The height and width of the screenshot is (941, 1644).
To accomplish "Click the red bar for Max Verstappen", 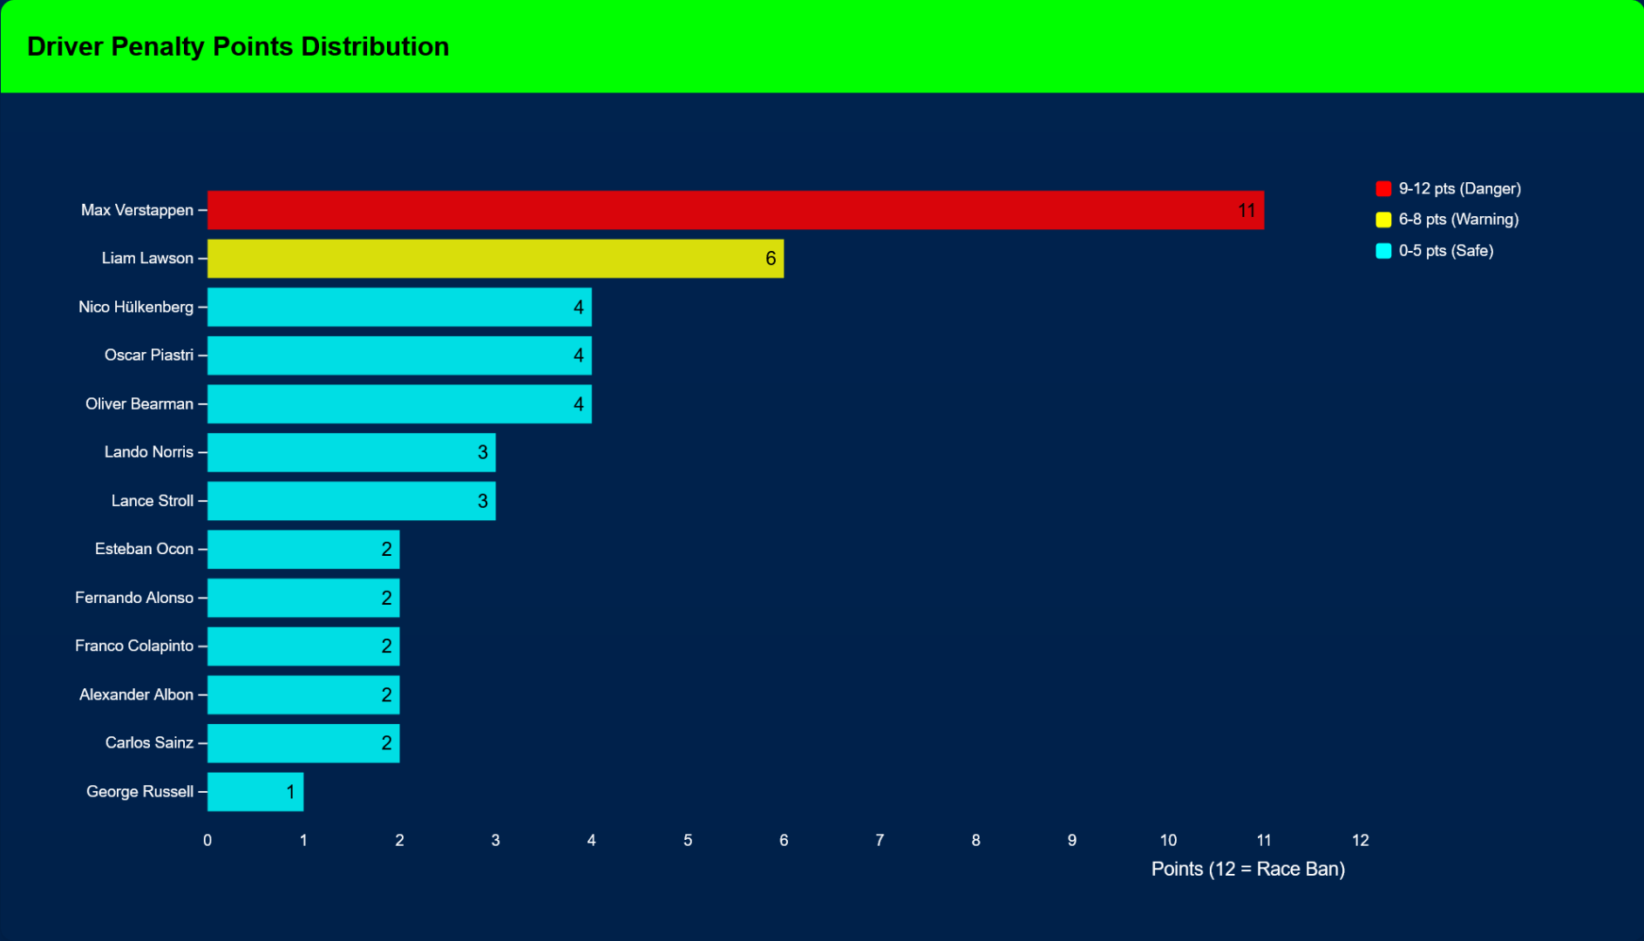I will (x=735, y=210).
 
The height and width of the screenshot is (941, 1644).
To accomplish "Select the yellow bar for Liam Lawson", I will (x=495, y=259).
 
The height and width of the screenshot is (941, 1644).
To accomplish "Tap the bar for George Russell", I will (x=255, y=792).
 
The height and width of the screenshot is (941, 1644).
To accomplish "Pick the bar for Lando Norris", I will (x=351, y=452).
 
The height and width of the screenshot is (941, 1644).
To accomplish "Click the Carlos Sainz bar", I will (x=303, y=743).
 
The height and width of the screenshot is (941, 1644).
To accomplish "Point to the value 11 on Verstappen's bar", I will (x=1247, y=211).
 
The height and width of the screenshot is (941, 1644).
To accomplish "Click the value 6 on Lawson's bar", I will (x=771, y=259).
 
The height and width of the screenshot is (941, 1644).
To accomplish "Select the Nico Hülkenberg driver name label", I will (x=136, y=307).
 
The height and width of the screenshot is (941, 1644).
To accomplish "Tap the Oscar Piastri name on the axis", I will (x=149, y=355).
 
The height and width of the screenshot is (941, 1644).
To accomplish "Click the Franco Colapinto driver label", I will (x=134, y=646).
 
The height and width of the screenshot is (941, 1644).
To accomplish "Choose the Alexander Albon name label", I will (x=136, y=694).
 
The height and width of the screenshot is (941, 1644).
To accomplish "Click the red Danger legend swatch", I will (x=1383, y=189).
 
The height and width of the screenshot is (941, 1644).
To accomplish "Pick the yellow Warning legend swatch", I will (x=1383, y=220).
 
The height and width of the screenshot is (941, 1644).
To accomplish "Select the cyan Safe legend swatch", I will (x=1383, y=251).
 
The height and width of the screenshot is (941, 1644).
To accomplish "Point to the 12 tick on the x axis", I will (x=1360, y=841).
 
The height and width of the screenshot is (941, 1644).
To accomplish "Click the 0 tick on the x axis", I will (x=207, y=841).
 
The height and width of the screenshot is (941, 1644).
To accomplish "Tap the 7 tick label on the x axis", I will (x=880, y=841).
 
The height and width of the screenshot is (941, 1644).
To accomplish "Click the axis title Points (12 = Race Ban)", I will (x=1247, y=870).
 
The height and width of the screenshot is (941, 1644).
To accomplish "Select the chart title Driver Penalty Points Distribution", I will (x=238, y=46).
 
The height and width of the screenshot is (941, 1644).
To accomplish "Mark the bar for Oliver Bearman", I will (x=399, y=404).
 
